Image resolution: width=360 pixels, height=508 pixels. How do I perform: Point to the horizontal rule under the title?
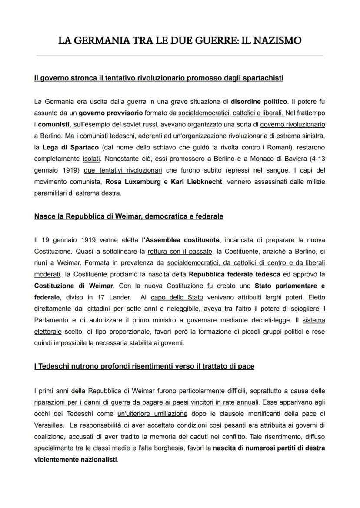[x=180, y=56]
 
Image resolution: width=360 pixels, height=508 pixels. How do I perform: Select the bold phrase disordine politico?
[x=259, y=102]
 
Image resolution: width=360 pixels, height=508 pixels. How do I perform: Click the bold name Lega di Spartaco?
[x=71, y=147]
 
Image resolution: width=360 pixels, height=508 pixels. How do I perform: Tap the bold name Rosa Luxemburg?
[x=133, y=182]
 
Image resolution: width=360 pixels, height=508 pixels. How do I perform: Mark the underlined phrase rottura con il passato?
[x=180, y=251]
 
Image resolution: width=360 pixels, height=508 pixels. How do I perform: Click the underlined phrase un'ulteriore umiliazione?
[x=152, y=413]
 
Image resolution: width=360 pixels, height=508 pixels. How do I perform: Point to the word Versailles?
[x=48, y=425]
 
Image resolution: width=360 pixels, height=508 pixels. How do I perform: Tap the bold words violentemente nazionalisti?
[x=75, y=459]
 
